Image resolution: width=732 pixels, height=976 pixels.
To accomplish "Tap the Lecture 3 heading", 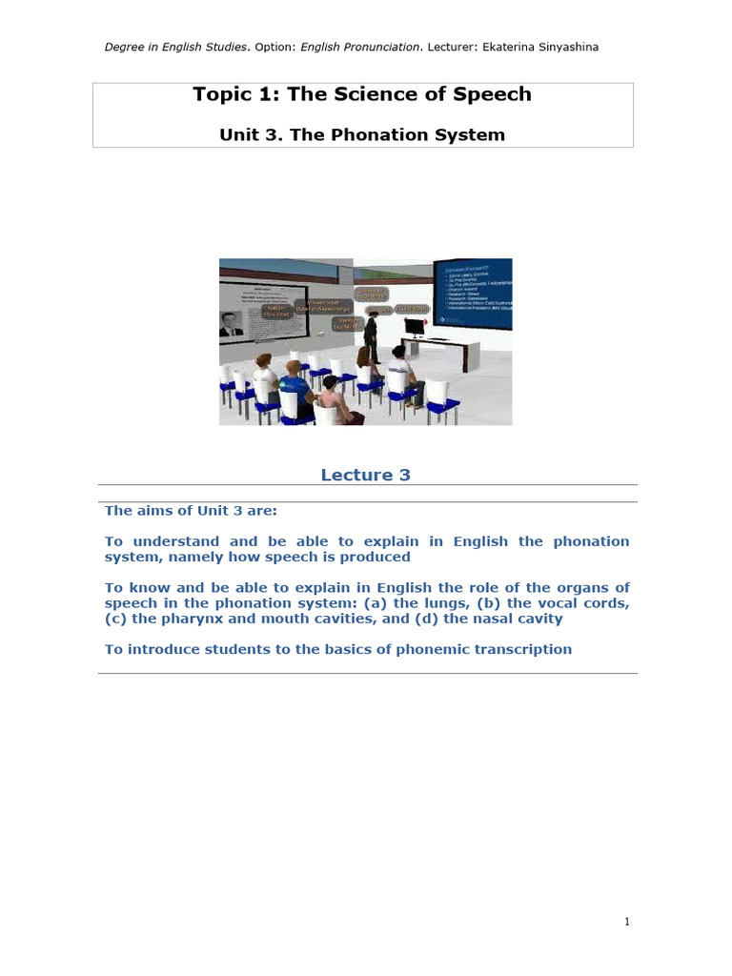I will [365, 475].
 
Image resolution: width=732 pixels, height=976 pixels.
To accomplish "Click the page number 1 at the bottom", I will [627, 921].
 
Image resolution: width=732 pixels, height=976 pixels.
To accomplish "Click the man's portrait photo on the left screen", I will [231, 324].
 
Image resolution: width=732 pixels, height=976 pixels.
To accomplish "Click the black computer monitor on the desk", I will [414, 328].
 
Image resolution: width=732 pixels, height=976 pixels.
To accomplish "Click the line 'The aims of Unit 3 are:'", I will [191, 511].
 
